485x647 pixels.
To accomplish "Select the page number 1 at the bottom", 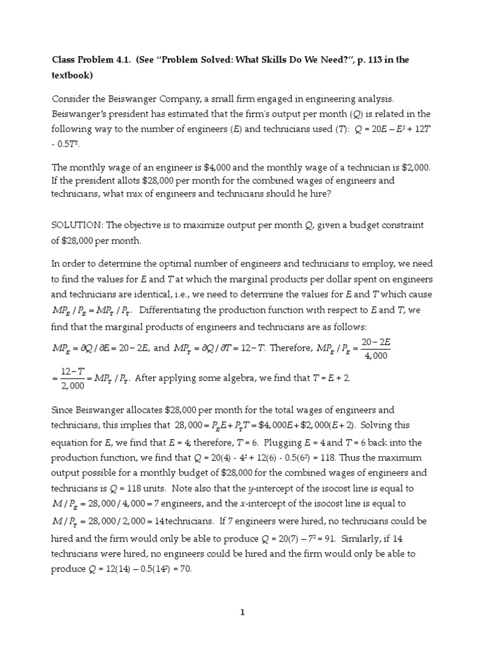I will pos(242,612).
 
